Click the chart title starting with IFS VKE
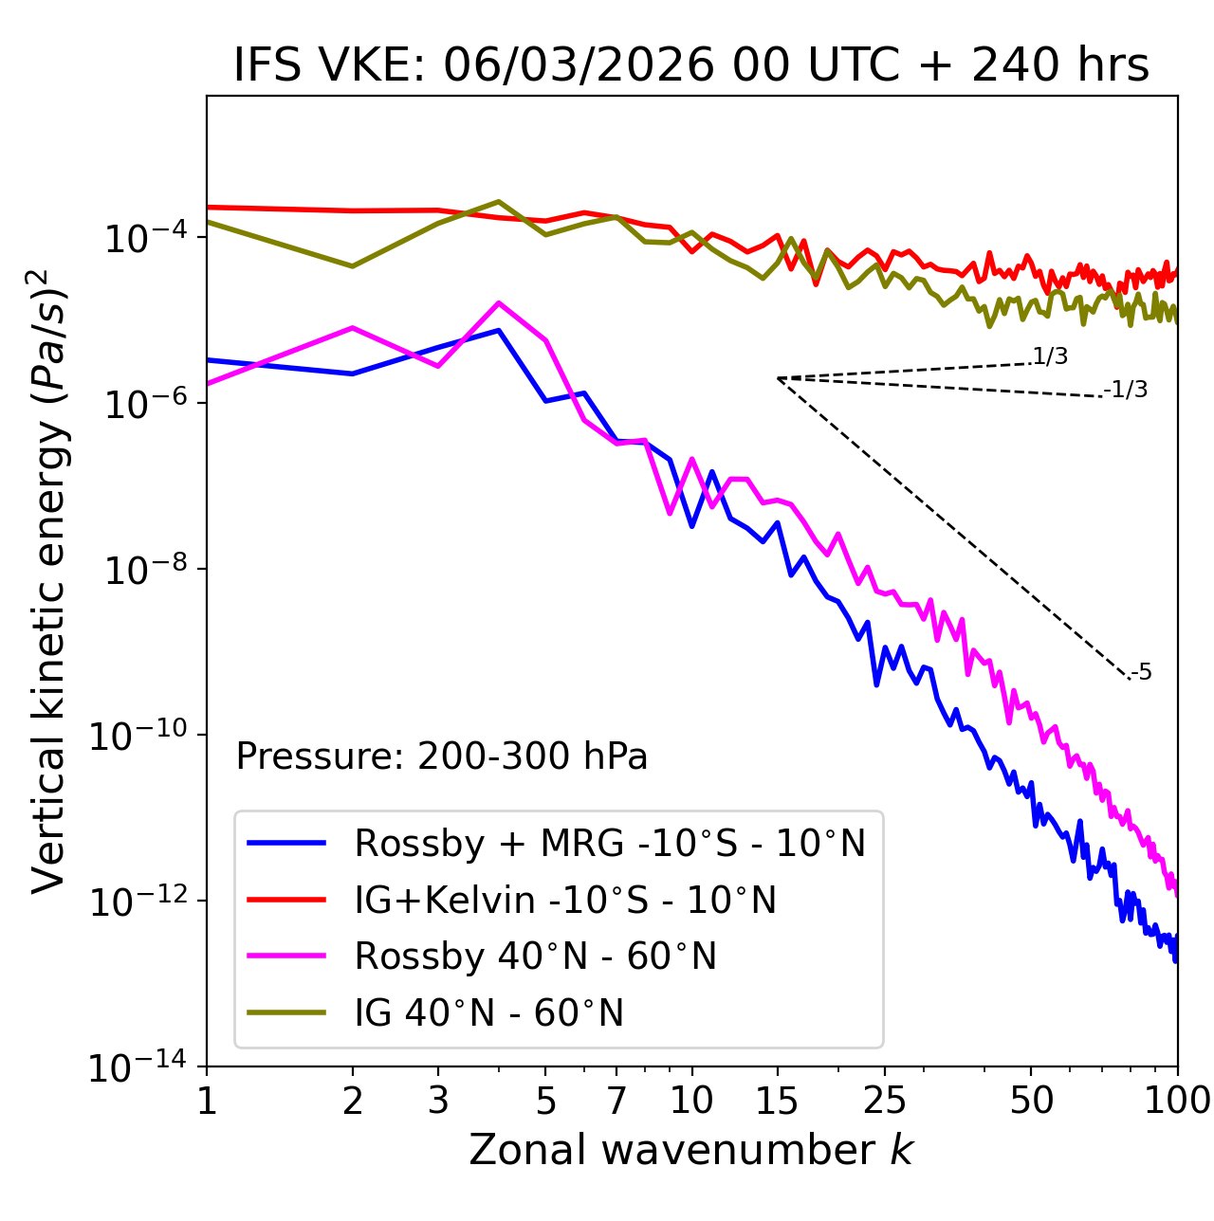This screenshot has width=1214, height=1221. [690, 64]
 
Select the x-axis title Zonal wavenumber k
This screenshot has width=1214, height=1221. [690, 1149]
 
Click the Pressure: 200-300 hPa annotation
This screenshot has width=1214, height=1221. [442, 756]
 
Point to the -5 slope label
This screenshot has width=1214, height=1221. [1141, 672]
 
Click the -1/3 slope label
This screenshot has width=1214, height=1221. [1127, 389]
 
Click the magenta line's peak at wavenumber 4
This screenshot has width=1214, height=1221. [499, 302]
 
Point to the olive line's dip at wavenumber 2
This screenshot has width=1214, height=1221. [353, 266]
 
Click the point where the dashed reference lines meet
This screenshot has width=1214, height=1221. [778, 378]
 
